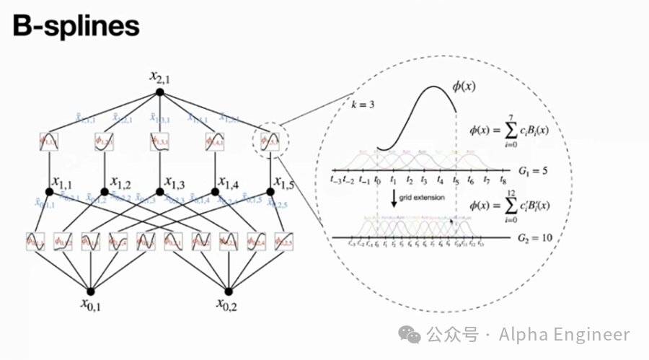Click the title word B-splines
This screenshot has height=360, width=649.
click(x=76, y=27)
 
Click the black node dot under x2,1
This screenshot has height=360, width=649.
click(x=159, y=92)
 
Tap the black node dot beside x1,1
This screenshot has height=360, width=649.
click(x=50, y=192)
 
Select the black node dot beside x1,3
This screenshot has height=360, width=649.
click(x=159, y=192)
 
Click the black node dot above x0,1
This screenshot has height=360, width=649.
click(x=92, y=291)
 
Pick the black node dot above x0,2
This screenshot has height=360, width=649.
click(x=229, y=291)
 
